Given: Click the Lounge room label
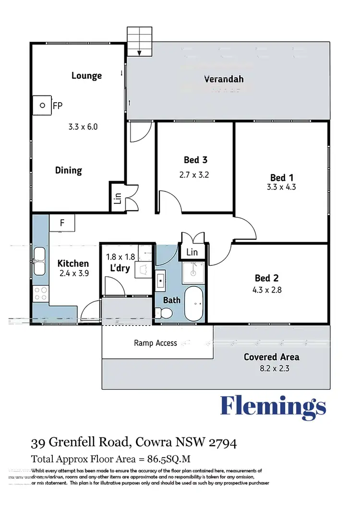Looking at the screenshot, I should [86, 75].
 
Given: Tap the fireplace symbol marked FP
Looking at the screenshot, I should [42, 105].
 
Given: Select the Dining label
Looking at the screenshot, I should [68, 170].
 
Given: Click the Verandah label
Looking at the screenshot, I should [224, 79].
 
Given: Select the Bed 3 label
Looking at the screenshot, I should [195, 160].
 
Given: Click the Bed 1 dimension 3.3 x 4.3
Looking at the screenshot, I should [281, 187].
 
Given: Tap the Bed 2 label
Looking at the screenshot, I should [267, 278].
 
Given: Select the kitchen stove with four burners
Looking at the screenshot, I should [40, 293].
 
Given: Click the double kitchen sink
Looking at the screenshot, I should [40, 261].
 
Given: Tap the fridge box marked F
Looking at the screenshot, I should [62, 223].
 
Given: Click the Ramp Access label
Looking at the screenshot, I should [156, 343].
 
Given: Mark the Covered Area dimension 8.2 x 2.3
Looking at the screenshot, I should [272, 369].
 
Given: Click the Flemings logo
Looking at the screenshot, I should [273, 407].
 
